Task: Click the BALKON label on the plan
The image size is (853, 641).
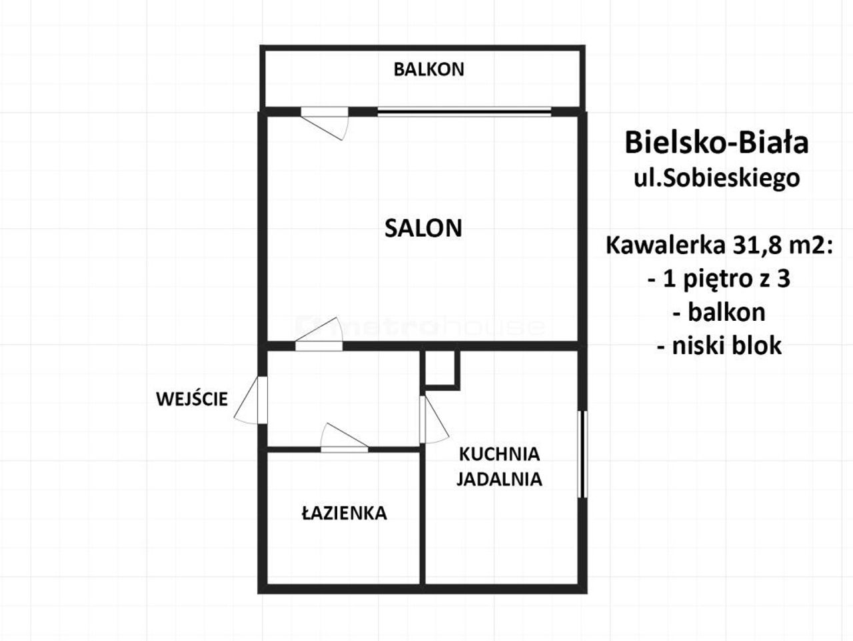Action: point(428,69)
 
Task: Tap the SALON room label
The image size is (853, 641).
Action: point(423,228)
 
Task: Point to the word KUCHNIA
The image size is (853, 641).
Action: point(499,454)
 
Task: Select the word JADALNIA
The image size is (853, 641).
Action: point(499,479)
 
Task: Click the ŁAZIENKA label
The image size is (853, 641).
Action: point(345,513)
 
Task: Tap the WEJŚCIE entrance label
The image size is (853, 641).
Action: point(192,399)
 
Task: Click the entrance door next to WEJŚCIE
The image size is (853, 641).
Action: point(251,400)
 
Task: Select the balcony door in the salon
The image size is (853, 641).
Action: point(325,123)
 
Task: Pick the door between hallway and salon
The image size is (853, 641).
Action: point(319,334)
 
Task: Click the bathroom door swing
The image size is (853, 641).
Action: point(344,438)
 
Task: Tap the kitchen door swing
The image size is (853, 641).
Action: point(434,420)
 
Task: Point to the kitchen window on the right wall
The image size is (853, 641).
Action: point(582,454)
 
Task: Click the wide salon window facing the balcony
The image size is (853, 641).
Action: point(464,112)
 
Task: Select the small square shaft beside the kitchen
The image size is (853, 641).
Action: point(440,370)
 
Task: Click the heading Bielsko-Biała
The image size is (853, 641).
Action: point(716,143)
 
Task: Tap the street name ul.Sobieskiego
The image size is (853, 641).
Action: point(716,179)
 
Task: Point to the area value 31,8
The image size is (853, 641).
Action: point(754,246)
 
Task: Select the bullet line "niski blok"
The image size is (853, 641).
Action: point(719,346)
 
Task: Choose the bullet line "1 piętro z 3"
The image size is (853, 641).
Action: point(719,279)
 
